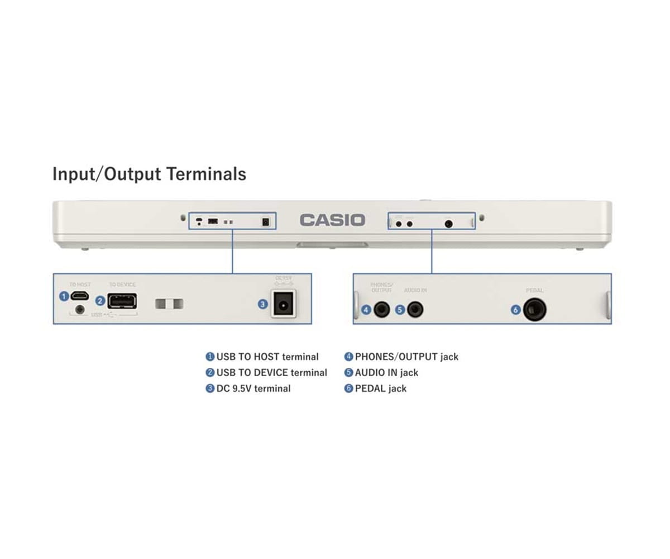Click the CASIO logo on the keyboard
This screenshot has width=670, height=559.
coord(332,220)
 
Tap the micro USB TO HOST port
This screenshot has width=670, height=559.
coord(80,296)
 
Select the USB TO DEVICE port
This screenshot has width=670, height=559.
coord(122,301)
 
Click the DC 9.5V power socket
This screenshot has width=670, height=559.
coord(283,304)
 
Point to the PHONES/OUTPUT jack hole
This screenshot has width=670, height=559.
coord(382,309)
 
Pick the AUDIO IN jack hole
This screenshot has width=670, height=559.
coord(415,309)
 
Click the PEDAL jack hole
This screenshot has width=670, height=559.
coord(534,309)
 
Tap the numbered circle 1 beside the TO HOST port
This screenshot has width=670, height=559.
coord(64,296)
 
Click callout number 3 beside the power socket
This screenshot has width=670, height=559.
coord(262,304)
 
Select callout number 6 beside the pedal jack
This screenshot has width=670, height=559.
coord(516,309)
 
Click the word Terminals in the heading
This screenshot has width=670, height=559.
coord(207,174)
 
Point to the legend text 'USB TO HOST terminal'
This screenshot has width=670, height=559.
coord(267,357)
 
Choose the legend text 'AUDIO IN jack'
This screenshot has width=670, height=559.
coord(386,372)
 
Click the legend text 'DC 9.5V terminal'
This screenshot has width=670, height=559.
coord(253,388)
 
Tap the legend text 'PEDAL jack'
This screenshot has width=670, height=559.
coord(381,388)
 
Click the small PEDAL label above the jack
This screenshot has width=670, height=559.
coord(534,291)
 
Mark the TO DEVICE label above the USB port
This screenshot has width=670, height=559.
coord(122,285)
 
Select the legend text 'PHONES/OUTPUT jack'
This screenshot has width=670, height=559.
coord(406,357)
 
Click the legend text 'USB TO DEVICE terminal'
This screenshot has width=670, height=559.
coord(272,372)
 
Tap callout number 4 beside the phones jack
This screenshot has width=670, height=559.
coord(366,309)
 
